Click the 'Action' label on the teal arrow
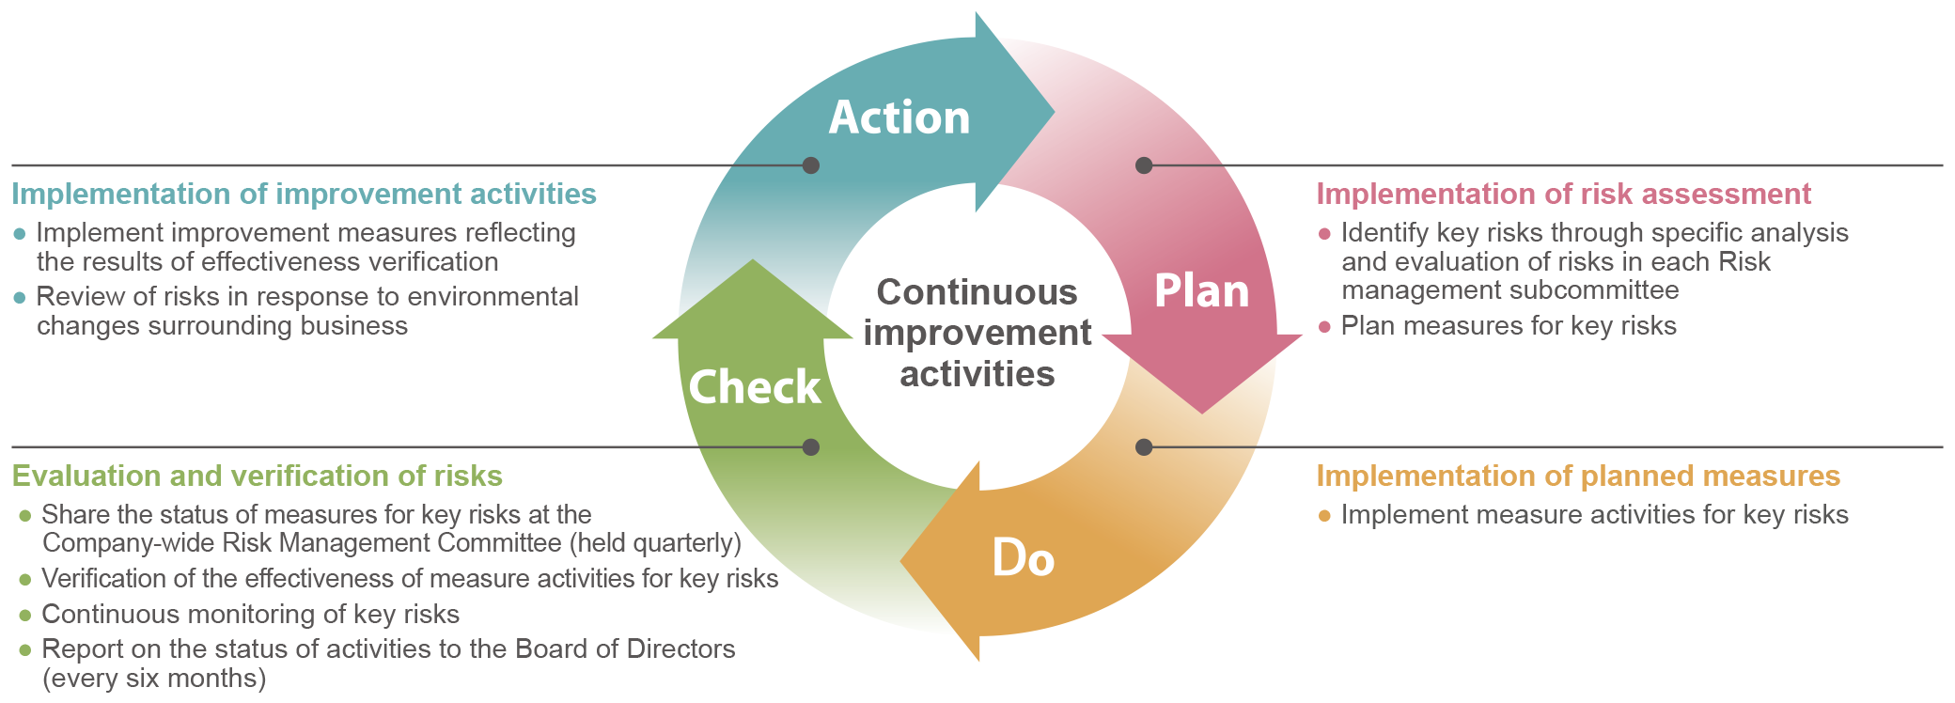point(899,117)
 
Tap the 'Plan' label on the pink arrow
point(1201,290)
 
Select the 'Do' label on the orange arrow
point(1024,558)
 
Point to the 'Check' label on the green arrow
point(755,387)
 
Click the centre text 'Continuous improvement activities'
point(977,333)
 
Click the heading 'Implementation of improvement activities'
point(304,194)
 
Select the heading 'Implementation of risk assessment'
point(1563,194)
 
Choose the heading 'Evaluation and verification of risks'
point(257,476)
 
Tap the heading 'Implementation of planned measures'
point(1578,476)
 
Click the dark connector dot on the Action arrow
point(811,165)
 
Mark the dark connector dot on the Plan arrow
point(1144,165)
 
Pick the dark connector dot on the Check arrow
point(811,447)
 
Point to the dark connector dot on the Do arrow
point(1144,447)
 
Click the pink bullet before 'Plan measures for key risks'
point(1324,327)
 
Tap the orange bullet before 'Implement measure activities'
point(1324,516)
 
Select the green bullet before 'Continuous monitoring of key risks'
point(25,616)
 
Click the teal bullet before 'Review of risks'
point(20,298)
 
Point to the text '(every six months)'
point(154,679)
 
